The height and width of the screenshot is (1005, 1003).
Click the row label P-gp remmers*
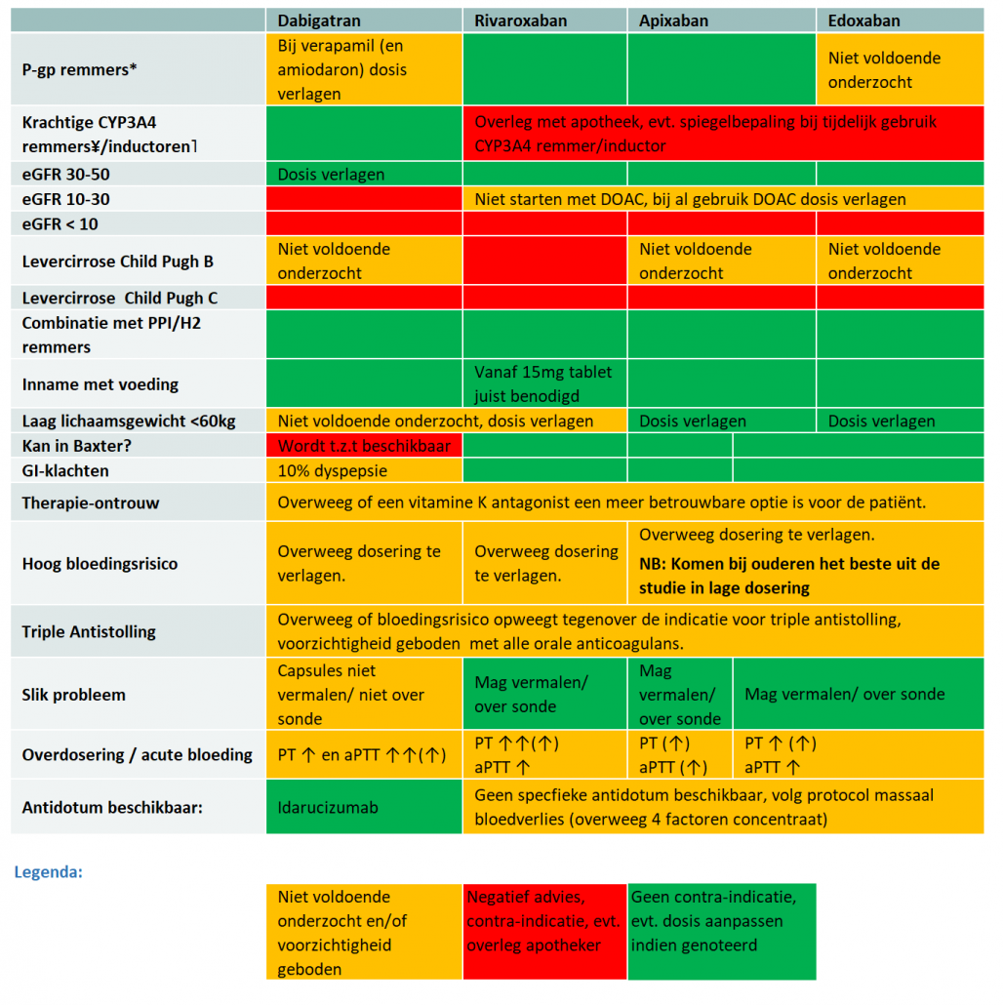[x=79, y=69]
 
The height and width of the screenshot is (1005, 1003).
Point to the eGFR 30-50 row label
[x=66, y=175]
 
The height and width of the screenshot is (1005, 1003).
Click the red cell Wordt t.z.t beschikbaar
[x=364, y=446]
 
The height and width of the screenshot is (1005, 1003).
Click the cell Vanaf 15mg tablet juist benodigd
[x=543, y=383]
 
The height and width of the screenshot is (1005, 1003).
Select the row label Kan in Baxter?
[x=76, y=446]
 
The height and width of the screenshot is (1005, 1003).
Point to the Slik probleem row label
[x=74, y=695]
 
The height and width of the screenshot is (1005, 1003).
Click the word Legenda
[x=48, y=871]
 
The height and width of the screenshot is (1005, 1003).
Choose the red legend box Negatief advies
[x=544, y=932]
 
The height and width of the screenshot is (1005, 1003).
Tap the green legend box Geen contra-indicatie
[x=722, y=932]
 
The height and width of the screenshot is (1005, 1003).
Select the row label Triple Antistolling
[x=89, y=632]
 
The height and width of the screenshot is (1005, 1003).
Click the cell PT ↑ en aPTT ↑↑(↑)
[x=362, y=755]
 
